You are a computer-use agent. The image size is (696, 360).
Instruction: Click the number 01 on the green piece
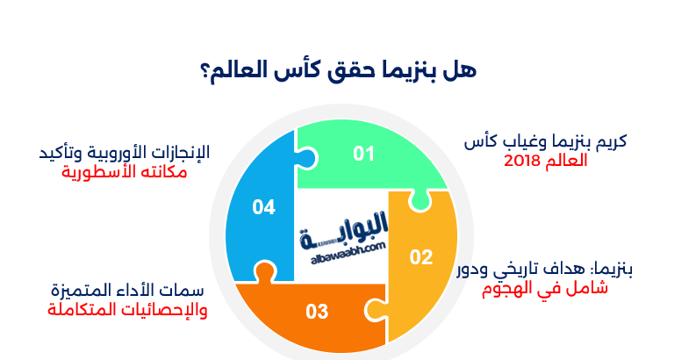(x=364, y=155)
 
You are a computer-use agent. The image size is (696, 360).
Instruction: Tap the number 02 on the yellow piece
(x=422, y=257)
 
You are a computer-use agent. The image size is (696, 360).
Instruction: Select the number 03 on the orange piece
(x=317, y=311)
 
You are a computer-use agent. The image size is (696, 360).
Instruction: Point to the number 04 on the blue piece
(x=264, y=207)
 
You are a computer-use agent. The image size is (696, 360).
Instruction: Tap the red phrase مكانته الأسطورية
(x=125, y=171)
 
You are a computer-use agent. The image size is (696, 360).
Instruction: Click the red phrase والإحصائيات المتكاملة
(x=126, y=310)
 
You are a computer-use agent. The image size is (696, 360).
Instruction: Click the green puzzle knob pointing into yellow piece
(x=420, y=203)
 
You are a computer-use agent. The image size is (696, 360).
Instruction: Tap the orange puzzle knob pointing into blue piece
(x=262, y=273)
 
